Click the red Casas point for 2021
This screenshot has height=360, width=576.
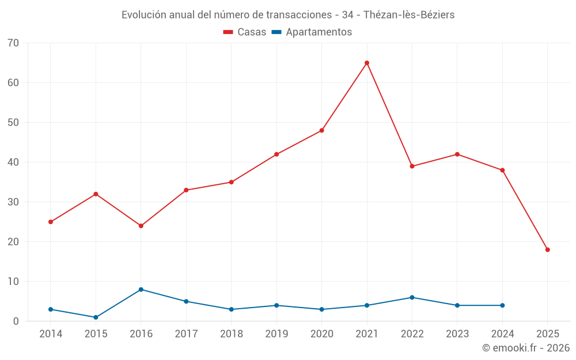tap(367, 63)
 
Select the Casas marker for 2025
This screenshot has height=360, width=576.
tap(548, 249)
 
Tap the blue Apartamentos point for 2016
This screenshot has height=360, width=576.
tap(141, 289)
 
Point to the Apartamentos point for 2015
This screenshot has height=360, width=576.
tap(96, 317)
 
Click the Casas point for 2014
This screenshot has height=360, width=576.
tap(51, 222)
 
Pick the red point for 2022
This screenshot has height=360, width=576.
tap(412, 166)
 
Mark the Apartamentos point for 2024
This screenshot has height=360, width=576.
tap(502, 305)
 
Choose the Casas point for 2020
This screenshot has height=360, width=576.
tap(321, 130)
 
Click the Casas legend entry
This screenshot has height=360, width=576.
tap(245, 32)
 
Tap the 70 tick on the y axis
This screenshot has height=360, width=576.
tap(13, 43)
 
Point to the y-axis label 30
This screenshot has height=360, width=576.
tap(13, 202)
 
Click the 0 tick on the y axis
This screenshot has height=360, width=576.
tap(16, 321)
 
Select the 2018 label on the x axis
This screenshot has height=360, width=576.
tap(232, 334)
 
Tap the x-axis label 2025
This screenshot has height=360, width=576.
tap(548, 334)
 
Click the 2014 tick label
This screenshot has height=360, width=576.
tap(51, 334)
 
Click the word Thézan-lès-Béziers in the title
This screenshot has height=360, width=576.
tap(409, 15)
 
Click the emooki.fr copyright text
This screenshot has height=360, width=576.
tap(526, 348)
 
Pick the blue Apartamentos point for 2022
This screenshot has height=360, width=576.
tap(412, 297)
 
